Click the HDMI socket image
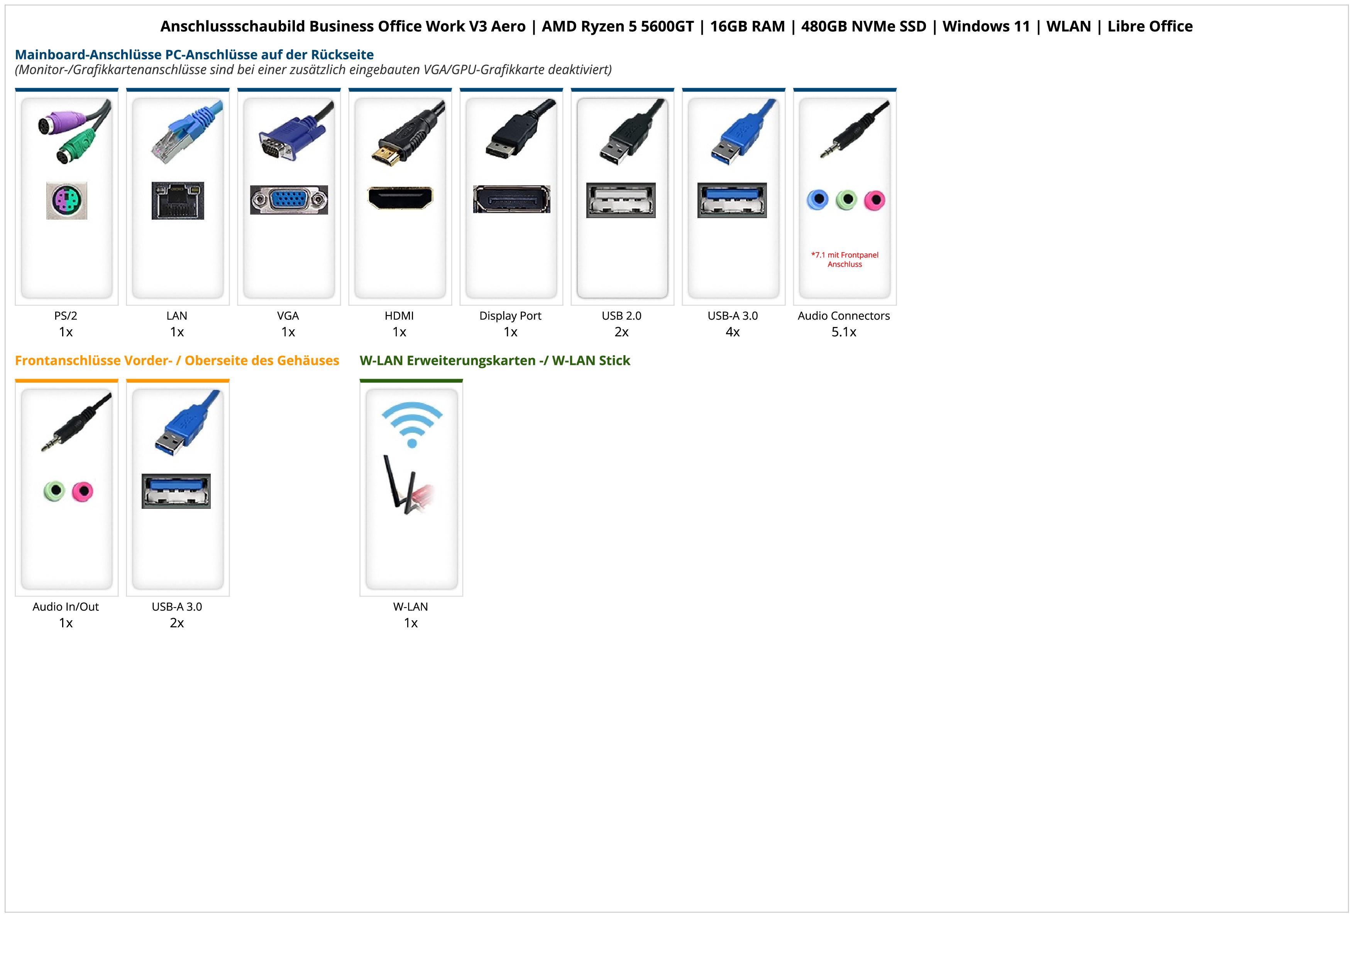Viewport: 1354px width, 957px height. pyautogui.click(x=400, y=198)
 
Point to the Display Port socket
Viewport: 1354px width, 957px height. pyautogui.click(x=511, y=199)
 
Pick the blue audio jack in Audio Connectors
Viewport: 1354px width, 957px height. pyautogui.click(x=817, y=200)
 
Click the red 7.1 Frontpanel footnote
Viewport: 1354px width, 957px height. pyautogui.click(x=845, y=259)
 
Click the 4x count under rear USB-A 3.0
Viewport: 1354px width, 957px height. pyautogui.click(x=733, y=332)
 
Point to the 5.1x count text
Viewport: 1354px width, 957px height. pyautogui.click(x=844, y=332)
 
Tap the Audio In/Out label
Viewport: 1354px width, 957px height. pyautogui.click(x=66, y=607)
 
